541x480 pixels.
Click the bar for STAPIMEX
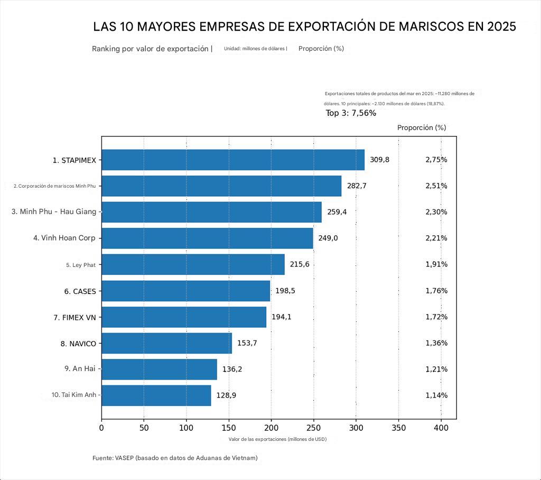tap(232, 160)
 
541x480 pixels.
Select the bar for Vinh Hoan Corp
tap(207, 238)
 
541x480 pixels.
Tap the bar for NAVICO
tap(166, 343)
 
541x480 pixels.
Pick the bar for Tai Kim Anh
tap(156, 395)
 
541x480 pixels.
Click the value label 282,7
tap(357, 186)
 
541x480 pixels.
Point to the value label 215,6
tap(300, 264)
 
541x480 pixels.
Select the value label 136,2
tap(232, 369)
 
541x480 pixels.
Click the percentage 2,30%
tap(436, 212)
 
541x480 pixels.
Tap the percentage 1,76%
tap(436, 291)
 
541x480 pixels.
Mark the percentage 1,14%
tap(436, 395)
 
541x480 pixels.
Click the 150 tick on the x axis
tap(229, 428)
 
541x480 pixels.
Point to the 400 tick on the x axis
tap(441, 428)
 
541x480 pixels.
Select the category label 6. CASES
tap(80, 291)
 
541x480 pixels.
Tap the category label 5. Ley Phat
tap(81, 265)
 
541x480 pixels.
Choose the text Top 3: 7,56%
tap(351, 113)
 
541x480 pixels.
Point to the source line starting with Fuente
tap(175, 458)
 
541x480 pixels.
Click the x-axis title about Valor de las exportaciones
tap(277, 439)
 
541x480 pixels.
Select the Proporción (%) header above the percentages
tap(422, 128)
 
